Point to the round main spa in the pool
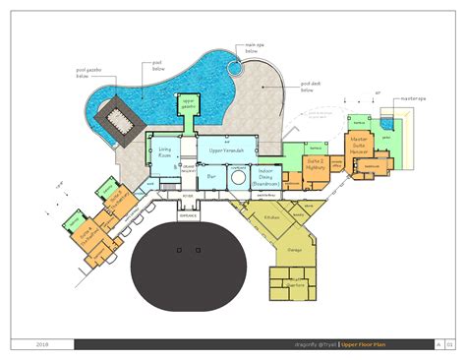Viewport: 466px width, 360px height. (235, 69)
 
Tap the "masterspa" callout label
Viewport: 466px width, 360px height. (413, 99)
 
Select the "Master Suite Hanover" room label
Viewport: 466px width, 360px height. (359, 149)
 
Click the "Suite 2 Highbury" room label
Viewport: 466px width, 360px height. (316, 164)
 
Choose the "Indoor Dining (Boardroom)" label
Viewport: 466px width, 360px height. (267, 178)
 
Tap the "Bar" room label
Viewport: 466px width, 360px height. (211, 178)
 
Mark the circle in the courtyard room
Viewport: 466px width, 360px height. (238, 177)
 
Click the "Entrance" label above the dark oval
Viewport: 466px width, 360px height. (189, 214)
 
